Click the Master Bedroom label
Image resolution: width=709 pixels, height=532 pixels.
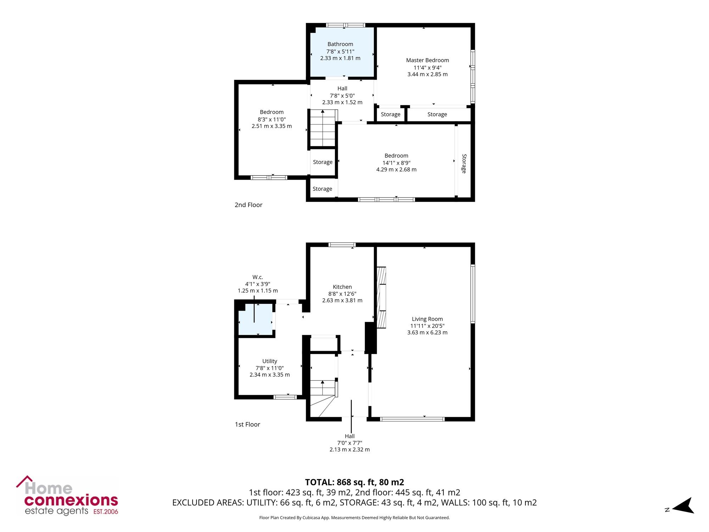pos(428,60)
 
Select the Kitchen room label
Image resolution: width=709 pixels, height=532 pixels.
pos(342,287)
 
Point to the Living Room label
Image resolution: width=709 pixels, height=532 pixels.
pos(427,319)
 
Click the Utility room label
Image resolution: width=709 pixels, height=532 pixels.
pos(270,361)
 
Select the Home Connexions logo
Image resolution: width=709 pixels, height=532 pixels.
pos(67,495)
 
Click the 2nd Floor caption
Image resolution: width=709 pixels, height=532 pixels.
pos(249,205)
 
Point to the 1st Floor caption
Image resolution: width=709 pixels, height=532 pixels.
pos(247,424)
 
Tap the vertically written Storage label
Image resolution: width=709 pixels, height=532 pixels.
pos(464,164)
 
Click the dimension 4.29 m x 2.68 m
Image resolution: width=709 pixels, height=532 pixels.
pos(396,170)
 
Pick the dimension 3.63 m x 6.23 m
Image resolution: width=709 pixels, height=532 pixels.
pos(427,332)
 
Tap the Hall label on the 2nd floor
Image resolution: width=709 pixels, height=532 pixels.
pos(342,88)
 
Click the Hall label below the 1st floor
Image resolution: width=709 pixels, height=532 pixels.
pos(350,436)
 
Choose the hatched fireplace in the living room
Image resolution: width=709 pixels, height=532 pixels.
pos(381,297)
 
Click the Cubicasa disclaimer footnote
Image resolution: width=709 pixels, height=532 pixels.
pos(354,518)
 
